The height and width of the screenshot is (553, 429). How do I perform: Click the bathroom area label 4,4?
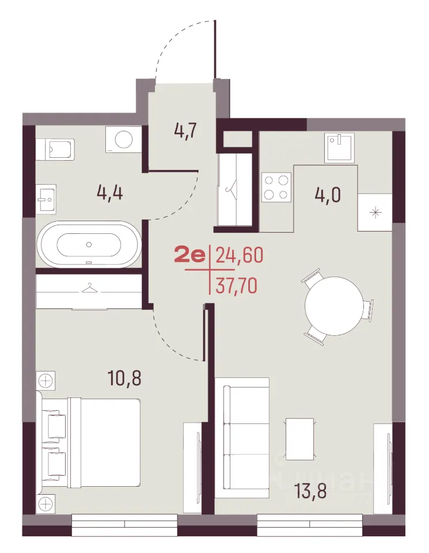(109, 194)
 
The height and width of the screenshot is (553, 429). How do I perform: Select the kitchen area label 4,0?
(328, 195)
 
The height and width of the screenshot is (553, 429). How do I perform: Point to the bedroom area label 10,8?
(124, 378)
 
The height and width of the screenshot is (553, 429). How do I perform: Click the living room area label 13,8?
(310, 491)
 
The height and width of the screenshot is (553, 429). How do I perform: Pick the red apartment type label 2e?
(189, 255)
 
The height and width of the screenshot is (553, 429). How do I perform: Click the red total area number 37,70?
(236, 286)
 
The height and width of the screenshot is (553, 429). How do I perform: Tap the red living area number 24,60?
(240, 255)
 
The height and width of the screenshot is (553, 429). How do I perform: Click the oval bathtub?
(89, 244)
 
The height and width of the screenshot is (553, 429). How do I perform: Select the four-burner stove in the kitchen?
(276, 187)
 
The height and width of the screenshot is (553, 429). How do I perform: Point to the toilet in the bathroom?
(56, 150)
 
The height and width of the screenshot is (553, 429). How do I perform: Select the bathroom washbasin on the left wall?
(46, 199)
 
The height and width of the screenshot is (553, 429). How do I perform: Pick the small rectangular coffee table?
(299, 439)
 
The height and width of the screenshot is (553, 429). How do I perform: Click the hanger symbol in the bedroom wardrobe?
(89, 288)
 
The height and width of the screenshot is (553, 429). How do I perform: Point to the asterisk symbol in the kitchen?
(375, 213)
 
